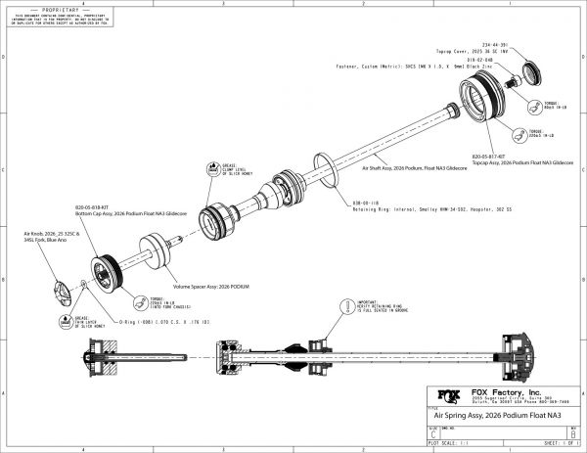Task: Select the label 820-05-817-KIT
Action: (488, 155)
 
